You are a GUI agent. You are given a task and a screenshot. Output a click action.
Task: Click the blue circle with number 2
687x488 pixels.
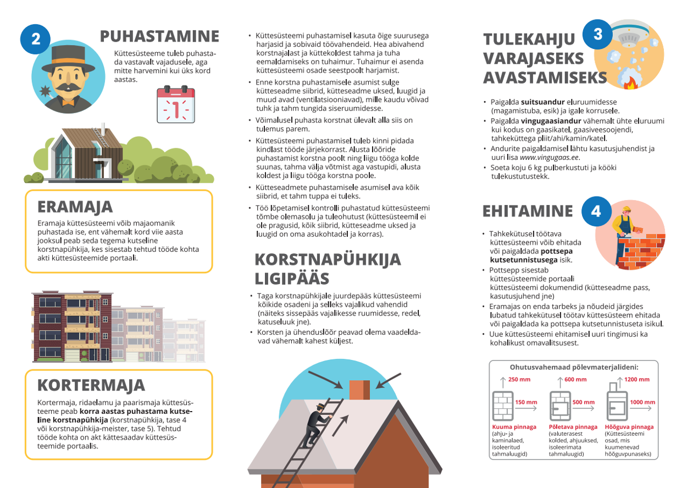point(35,38)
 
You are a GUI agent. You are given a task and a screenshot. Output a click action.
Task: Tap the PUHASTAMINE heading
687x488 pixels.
point(159,36)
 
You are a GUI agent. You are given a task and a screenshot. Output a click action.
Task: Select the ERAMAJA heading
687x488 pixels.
point(75,207)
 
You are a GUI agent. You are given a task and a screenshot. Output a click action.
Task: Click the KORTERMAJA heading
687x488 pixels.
point(91,385)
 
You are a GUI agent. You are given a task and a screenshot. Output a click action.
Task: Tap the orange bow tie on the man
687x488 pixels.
point(68,102)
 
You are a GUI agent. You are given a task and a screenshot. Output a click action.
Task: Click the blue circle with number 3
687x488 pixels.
point(598,34)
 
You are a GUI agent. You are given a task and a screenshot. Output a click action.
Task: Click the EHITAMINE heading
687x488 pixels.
point(528,212)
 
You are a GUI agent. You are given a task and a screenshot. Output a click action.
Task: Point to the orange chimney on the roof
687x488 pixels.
point(359,390)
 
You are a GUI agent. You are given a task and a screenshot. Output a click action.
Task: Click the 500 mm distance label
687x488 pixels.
point(583,402)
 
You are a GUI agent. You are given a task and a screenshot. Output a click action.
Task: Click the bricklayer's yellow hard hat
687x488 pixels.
point(626,209)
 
